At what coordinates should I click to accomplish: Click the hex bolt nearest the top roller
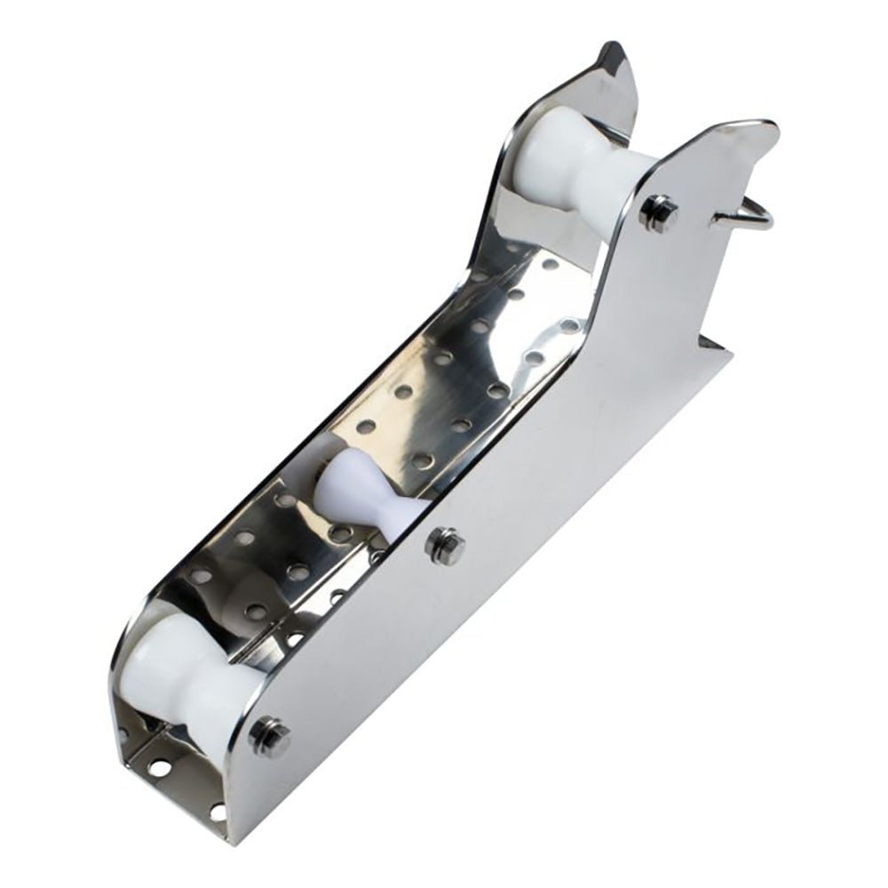(x=659, y=212)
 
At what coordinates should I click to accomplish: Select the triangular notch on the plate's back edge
(x=710, y=342)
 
